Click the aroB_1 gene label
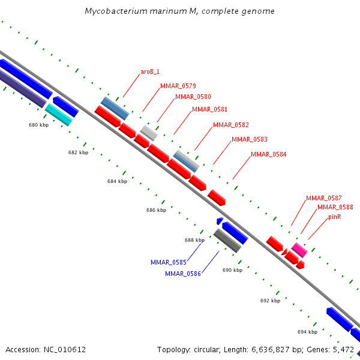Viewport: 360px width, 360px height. tap(150, 71)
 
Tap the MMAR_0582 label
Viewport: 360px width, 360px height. tap(230, 125)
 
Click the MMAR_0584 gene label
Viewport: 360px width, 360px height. tap(268, 154)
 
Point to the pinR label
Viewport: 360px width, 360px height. tap(334, 217)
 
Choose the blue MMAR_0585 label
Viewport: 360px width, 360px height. tap(169, 262)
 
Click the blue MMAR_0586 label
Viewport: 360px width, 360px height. tap(183, 274)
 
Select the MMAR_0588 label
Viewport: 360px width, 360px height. tap(335, 207)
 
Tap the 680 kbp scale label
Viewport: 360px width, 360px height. tap(38, 125)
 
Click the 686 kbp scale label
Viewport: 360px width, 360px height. tap(156, 210)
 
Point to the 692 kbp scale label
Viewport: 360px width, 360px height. tap(270, 300)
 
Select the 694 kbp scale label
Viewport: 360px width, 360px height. tap(307, 332)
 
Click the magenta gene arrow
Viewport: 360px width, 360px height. tap(299, 250)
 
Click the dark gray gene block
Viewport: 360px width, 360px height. tap(227, 241)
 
